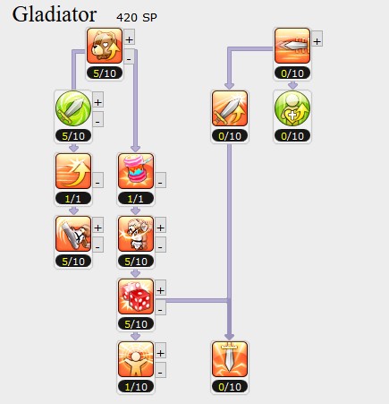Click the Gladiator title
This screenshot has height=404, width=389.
[55, 15]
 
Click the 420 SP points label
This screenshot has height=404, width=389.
[137, 18]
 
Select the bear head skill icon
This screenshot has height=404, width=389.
[105, 46]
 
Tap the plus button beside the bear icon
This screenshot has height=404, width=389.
[129, 39]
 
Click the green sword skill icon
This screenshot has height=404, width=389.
[73, 108]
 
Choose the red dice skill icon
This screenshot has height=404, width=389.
[136, 297]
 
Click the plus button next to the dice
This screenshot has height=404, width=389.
[160, 290]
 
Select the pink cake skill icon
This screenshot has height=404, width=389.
[136, 171]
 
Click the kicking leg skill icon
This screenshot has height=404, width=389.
[73, 234]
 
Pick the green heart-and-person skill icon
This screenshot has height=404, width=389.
[292, 108]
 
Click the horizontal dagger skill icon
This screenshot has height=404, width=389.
[292, 46]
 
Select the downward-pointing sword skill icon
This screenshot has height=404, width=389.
[230, 359]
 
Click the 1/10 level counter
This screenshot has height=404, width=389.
[136, 387]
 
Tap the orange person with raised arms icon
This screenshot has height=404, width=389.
[136, 359]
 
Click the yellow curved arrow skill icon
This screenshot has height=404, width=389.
[73, 171]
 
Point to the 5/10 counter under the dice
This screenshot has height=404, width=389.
[136, 324]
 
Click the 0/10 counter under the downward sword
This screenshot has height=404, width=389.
[230, 387]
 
